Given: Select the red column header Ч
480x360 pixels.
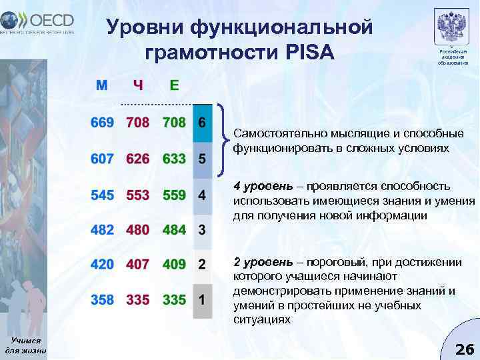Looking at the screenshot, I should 138,85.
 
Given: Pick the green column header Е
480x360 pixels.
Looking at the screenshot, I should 174,85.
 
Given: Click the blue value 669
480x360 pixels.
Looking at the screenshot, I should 103,124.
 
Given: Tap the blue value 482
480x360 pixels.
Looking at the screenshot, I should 103,230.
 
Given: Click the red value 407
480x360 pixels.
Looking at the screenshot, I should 138,265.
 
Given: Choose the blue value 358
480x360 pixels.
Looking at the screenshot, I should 103,300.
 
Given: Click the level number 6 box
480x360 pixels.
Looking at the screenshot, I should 202,124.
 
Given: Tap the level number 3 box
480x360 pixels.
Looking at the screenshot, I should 202,230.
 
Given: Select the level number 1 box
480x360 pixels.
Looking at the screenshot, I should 202,300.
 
